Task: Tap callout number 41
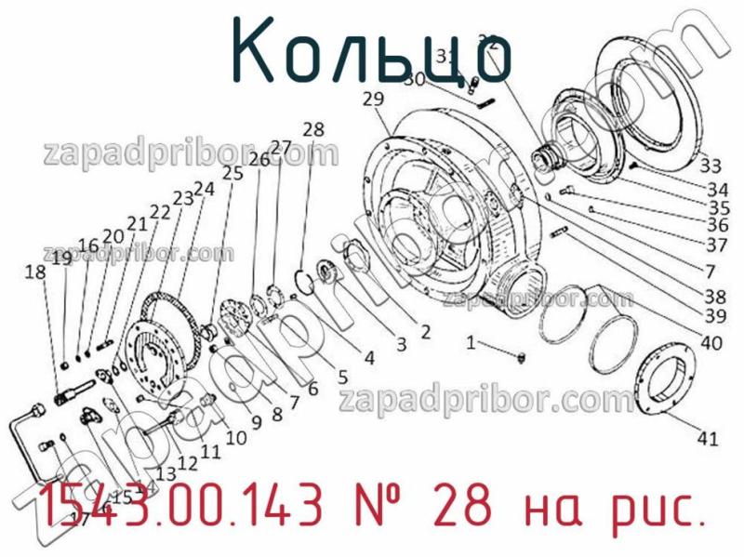coord(709,439)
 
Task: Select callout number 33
coord(711,166)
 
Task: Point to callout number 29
coord(374,99)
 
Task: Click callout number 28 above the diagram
coord(313,128)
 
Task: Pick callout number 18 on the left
coord(35,272)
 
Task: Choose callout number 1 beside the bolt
coord(472,342)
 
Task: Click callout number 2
coord(424,331)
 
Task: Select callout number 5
coord(342,377)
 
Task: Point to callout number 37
coord(716,245)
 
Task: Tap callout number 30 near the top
coord(414,79)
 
